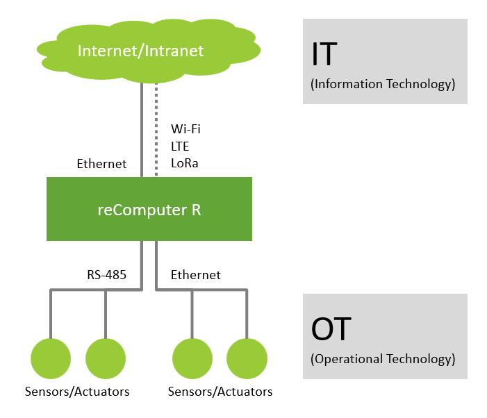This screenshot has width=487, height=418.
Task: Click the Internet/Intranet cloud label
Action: click(141, 51)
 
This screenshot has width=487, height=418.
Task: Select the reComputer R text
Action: click(149, 210)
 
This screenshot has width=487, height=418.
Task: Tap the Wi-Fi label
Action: click(185, 128)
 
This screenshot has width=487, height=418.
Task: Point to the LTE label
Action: click(180, 146)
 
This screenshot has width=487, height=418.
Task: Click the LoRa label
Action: click(185, 163)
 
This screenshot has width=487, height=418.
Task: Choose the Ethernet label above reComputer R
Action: click(101, 164)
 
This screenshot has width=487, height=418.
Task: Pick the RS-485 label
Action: click(106, 275)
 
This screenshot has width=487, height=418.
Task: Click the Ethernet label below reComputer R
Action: click(196, 275)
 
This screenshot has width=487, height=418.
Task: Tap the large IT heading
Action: click(324, 53)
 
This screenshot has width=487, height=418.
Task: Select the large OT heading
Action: click(331, 329)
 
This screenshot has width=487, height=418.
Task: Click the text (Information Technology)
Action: click(383, 84)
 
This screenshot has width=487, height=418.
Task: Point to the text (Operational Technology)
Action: click(383, 359)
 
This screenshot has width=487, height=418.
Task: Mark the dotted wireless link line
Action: click(156, 130)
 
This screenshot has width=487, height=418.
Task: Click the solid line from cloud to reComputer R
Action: click(142, 130)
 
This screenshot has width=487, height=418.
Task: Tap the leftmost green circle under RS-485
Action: click(51, 358)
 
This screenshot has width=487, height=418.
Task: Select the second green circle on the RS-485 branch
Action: click(106, 358)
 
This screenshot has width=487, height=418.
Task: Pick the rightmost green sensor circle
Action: click(247, 358)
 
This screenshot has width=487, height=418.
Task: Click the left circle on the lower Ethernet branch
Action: click(192, 358)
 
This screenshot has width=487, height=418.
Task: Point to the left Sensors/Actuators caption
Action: click(77, 392)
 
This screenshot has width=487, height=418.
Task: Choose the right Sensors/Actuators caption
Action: click(220, 392)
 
